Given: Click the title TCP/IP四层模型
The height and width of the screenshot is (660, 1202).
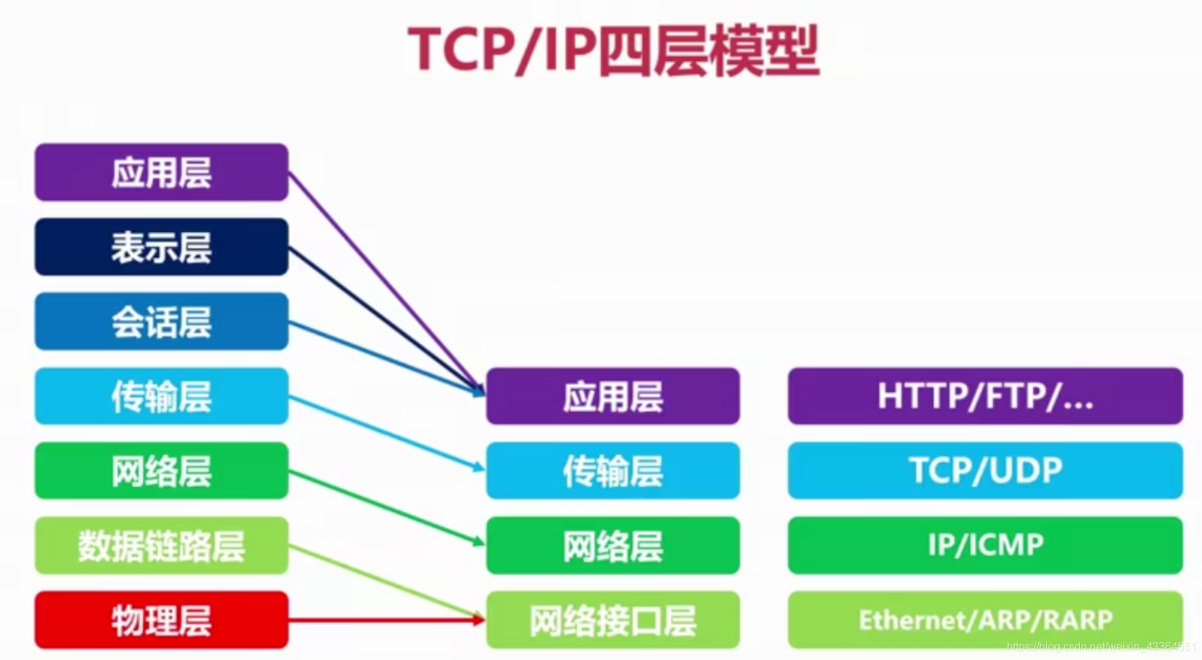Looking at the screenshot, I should tap(613, 50).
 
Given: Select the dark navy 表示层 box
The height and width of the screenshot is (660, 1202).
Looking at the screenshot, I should tap(162, 247).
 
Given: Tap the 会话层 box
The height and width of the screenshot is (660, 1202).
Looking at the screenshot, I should tap(162, 322).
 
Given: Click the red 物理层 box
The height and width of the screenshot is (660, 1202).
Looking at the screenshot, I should tap(162, 620).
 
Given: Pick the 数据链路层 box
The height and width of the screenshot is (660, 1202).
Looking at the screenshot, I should tap(162, 545).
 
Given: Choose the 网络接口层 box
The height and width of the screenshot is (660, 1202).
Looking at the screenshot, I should tap(612, 620).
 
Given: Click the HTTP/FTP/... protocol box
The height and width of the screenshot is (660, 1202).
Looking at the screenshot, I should tap(985, 396).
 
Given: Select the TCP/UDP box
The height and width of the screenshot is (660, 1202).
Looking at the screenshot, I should tap(985, 471).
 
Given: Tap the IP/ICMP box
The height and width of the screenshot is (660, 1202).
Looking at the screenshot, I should tap(985, 545).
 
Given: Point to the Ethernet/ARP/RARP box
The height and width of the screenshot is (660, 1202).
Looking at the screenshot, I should tap(985, 620).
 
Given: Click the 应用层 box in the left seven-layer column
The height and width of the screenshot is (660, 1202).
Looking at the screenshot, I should tap(162, 173).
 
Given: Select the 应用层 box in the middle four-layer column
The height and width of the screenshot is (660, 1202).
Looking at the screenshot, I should tap(612, 396).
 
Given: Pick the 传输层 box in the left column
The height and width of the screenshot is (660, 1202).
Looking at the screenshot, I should tap(162, 396).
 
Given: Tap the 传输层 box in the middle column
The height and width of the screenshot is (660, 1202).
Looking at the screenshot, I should tap(612, 471).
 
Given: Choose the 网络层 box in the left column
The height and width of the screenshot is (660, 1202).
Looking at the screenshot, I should tap(162, 471).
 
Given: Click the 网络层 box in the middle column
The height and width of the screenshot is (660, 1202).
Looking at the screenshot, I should tap(612, 545).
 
